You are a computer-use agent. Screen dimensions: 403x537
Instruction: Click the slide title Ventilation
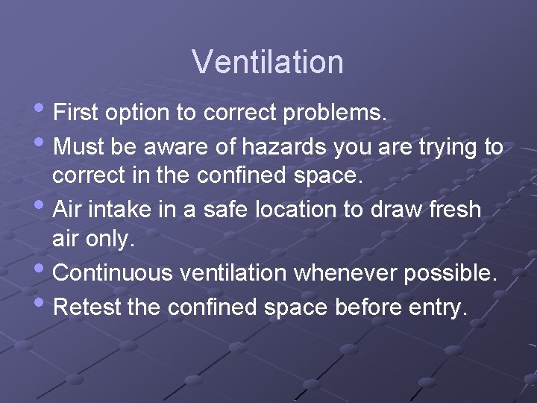(268, 62)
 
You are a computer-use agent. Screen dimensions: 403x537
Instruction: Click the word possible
(450, 274)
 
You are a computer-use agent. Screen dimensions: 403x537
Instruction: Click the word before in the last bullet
(367, 306)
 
